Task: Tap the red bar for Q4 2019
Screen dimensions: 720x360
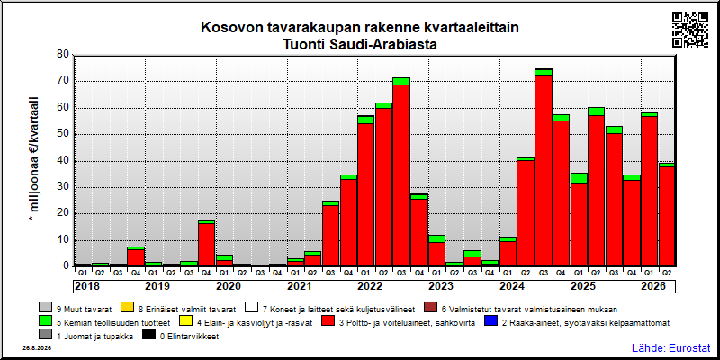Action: (x=206, y=245)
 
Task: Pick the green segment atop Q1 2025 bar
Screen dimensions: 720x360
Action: (x=579, y=178)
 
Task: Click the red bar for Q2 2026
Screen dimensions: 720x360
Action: (x=668, y=217)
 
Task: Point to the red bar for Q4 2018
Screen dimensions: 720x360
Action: (x=136, y=258)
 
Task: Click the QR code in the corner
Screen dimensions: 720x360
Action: (x=690, y=30)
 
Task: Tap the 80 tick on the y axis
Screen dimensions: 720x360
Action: (x=63, y=55)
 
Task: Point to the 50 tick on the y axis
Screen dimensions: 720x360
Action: (x=63, y=134)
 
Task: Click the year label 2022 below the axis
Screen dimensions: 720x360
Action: (x=370, y=286)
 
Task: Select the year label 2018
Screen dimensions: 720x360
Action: (x=87, y=286)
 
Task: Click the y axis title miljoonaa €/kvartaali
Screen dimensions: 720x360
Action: (x=34, y=161)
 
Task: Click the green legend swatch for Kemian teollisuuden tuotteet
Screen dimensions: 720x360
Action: (x=46, y=322)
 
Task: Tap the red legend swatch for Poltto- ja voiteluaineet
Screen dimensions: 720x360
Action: (x=328, y=322)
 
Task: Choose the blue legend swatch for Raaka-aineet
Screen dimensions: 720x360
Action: (x=490, y=322)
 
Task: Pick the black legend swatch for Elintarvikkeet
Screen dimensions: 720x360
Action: (x=148, y=337)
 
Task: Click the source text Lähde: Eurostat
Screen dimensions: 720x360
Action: (x=671, y=347)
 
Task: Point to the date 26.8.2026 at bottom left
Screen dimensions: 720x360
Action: (x=37, y=348)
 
